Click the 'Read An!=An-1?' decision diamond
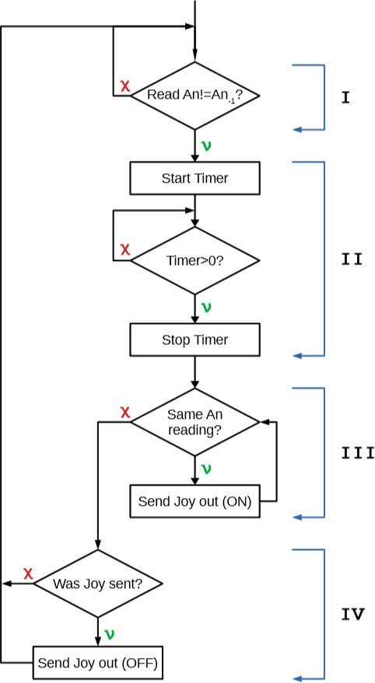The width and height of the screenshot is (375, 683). tap(194, 96)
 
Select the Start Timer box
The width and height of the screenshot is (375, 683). tap(195, 178)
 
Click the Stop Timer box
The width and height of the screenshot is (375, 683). tap(195, 340)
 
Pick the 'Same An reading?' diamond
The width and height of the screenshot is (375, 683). tap(195, 422)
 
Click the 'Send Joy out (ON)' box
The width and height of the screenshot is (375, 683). tap(195, 501)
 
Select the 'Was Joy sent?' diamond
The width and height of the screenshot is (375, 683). tap(98, 583)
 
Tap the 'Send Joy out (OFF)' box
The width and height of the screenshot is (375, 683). tap(98, 663)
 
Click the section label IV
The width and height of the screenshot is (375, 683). tap(352, 615)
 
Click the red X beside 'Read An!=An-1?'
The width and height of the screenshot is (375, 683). tap(124, 86)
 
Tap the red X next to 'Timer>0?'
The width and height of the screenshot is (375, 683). tap(124, 250)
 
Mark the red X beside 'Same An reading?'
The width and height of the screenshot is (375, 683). tap(124, 412)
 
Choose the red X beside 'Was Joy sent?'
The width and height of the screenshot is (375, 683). tap(28, 573)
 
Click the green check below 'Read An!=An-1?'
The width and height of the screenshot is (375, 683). tap(206, 145)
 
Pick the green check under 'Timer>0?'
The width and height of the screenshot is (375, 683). tap(206, 307)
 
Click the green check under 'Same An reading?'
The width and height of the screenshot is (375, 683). tap(206, 469)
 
